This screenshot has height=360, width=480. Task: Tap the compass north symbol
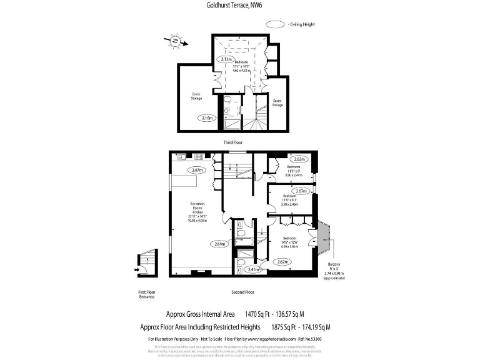point(176,42)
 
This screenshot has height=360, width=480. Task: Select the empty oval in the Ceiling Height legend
point(276,25)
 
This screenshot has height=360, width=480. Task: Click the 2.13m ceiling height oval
point(227,59)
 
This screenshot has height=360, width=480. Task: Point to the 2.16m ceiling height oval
point(207,117)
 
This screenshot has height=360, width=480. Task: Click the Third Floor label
point(232,143)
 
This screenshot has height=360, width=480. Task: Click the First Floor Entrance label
point(147,294)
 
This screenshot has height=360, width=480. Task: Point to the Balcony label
point(333,264)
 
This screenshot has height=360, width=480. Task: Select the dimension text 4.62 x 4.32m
point(242,71)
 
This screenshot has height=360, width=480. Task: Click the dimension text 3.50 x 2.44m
point(294,176)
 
